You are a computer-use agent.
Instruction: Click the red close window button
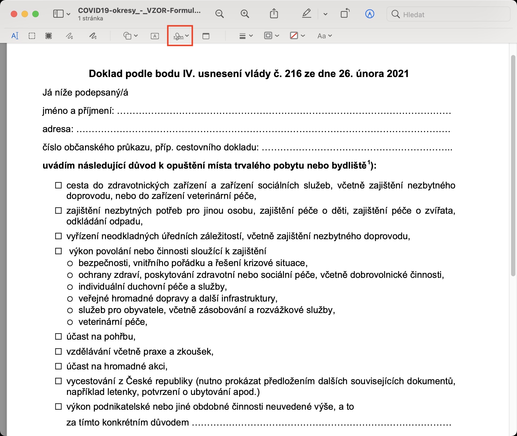[14, 14]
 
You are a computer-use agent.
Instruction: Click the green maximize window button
[36, 14]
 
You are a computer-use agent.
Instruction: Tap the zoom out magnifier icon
[219, 14]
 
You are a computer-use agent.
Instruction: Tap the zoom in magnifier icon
[245, 14]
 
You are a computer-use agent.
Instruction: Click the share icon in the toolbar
[274, 13]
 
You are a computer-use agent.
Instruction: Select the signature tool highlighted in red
[180, 36]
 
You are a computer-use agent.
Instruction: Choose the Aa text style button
[324, 36]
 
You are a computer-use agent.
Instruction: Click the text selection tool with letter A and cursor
[15, 36]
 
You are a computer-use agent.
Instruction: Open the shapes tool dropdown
[130, 36]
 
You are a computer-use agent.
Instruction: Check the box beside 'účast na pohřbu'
[58, 336]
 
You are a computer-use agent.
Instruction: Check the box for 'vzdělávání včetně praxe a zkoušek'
[58, 351]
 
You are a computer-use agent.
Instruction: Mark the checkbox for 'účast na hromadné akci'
[58, 366]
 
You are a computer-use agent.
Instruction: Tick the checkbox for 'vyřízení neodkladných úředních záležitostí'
[58, 236]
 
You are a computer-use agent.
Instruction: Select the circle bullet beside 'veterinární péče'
[70, 322]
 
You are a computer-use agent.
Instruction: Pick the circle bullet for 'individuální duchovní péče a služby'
[70, 287]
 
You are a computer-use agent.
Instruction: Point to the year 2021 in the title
[398, 74]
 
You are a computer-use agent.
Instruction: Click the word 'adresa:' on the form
[58, 129]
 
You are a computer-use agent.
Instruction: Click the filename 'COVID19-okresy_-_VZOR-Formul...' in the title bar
[139, 10]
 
